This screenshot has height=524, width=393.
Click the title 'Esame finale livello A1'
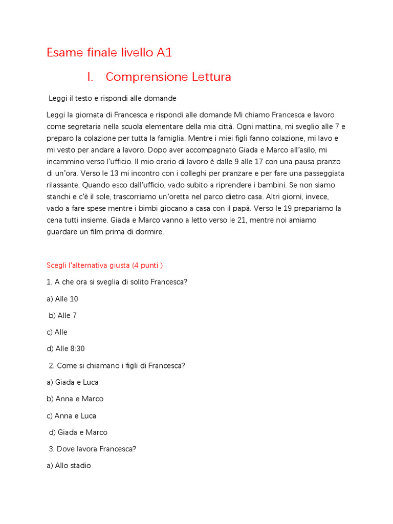(113, 53)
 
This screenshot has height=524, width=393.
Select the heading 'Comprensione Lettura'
(168, 77)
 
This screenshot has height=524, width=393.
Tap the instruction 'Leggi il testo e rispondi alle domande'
(113, 98)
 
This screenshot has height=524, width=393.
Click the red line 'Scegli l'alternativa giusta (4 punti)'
(105, 266)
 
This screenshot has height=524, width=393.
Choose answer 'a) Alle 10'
(62, 299)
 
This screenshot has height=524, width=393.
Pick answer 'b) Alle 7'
(63, 316)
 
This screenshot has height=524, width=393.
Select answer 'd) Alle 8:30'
(66, 349)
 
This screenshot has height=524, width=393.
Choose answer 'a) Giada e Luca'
(73, 382)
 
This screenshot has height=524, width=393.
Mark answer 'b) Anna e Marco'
(75, 399)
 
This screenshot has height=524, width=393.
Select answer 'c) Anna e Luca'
(72, 416)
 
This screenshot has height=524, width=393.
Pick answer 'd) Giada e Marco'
(78, 433)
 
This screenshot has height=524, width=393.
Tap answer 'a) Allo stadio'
(69, 466)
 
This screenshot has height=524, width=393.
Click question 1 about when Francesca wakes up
(121, 282)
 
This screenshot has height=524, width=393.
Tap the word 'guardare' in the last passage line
(62, 232)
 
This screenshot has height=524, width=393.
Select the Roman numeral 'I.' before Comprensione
(91, 77)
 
